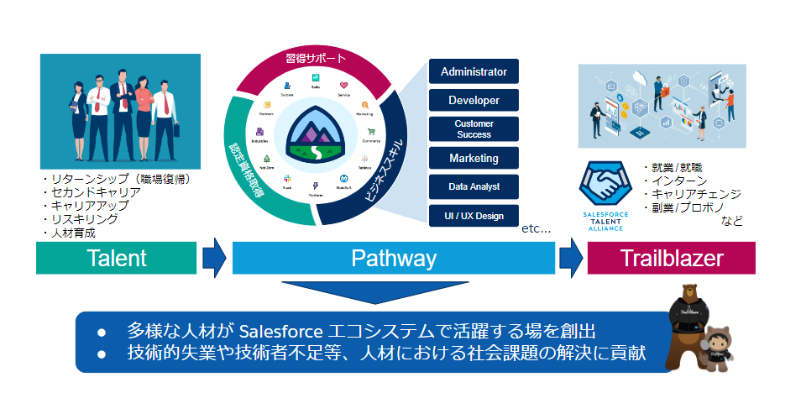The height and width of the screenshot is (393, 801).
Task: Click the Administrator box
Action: (x=474, y=71)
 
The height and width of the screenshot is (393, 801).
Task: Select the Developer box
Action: (x=474, y=101)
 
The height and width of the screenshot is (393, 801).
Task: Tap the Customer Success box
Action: (x=474, y=128)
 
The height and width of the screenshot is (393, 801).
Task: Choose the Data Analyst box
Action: (x=474, y=186)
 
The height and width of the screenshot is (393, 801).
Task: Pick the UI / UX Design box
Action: (x=474, y=216)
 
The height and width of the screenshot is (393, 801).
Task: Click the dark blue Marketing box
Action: (x=474, y=158)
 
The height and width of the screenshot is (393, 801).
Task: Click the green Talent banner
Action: (x=117, y=258)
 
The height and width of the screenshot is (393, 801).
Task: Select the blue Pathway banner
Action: (x=393, y=258)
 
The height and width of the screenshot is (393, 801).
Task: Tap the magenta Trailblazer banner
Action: (x=671, y=258)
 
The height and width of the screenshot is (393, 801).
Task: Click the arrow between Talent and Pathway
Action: (x=215, y=257)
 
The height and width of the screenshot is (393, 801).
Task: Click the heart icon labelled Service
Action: (x=343, y=85)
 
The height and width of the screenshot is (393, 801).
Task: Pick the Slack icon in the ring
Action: (x=286, y=179)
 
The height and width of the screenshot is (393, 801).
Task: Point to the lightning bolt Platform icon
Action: (x=316, y=186)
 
